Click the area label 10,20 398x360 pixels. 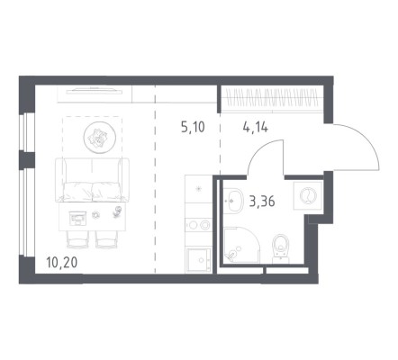click(62, 263)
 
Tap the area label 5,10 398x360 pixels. click(193, 127)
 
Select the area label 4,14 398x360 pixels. click(256, 127)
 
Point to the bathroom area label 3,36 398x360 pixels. click(262, 202)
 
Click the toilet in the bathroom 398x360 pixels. click(281, 248)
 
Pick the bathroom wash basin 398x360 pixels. click(232, 201)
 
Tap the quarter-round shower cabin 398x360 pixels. click(241, 245)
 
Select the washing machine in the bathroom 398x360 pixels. click(308, 195)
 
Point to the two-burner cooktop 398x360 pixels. click(199, 224)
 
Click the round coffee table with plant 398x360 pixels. click(100, 138)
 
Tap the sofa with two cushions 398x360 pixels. click(92, 180)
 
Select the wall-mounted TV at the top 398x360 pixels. click(91, 91)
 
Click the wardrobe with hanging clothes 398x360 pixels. click(272, 99)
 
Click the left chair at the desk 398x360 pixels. click(77, 239)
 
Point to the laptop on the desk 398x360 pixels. click(77, 218)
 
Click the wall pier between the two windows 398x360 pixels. click(27, 159)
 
